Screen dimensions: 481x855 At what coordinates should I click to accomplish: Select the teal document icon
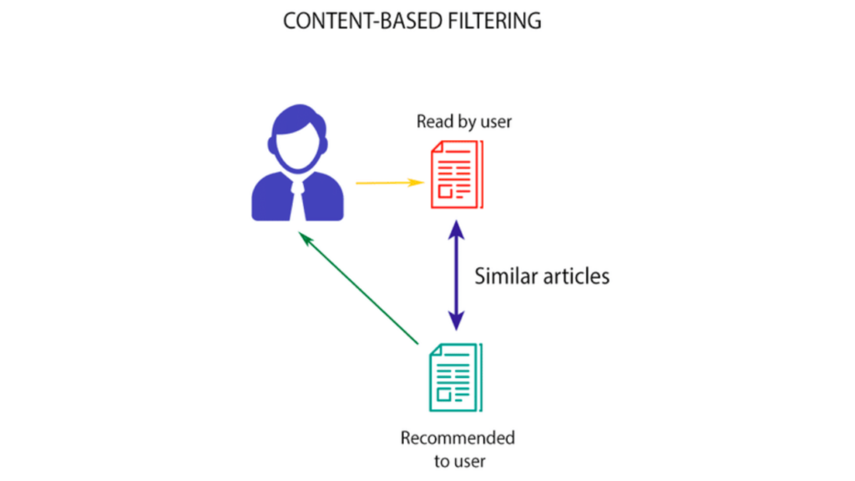(x=455, y=377)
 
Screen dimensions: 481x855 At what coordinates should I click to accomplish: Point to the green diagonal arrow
(x=359, y=289)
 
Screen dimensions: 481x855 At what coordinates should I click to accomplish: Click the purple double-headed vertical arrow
(x=456, y=275)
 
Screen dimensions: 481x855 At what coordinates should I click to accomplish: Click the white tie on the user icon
(x=297, y=200)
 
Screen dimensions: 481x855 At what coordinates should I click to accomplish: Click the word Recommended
(x=458, y=438)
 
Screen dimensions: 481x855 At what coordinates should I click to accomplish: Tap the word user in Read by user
(x=495, y=122)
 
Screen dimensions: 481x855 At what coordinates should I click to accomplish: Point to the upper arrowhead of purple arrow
(x=456, y=229)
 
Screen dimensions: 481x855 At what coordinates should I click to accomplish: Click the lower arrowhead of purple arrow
(x=456, y=322)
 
